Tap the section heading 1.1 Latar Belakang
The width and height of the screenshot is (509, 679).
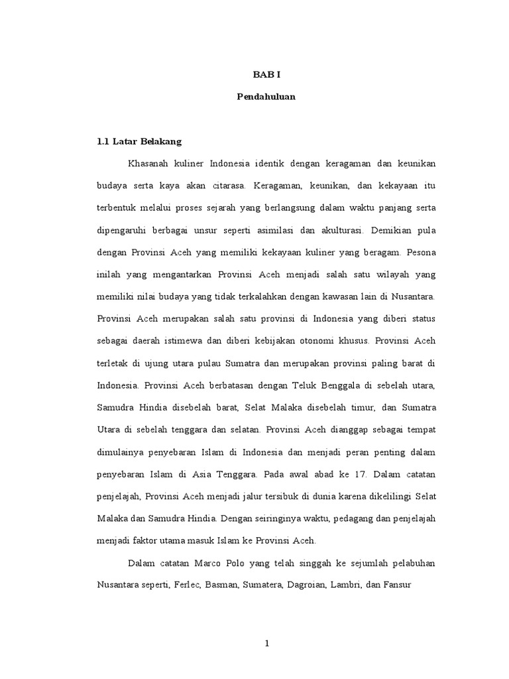[139, 141]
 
